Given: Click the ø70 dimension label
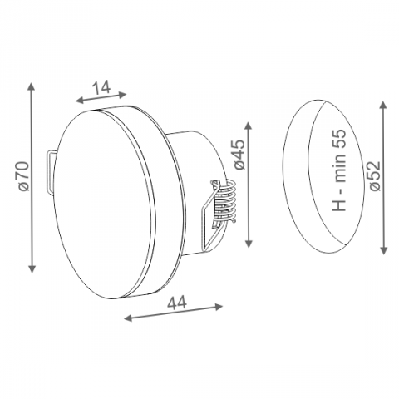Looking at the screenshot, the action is coord(23,175).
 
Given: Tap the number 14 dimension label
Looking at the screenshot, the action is coord(101,87).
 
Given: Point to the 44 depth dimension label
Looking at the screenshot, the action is coord(177,303).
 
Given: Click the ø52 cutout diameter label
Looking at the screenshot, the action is coord(376,175).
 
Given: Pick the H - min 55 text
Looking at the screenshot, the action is coord(339,170).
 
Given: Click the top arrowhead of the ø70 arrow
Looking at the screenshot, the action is coord(32,86).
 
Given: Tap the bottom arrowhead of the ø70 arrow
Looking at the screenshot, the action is coord(32,269).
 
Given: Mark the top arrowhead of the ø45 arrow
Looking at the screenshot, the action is coord(249,126).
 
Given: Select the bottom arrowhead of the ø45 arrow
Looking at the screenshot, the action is coord(249,244).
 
